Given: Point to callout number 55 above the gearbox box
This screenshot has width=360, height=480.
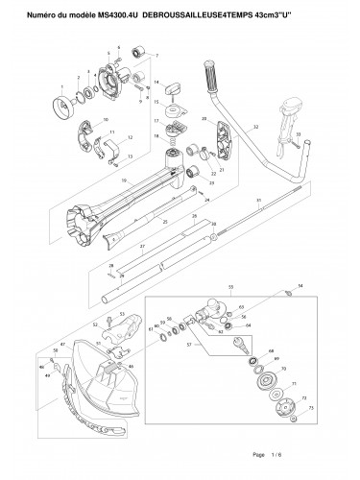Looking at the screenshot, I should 230,287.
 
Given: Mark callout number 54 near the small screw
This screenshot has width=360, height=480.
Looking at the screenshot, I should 300,286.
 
